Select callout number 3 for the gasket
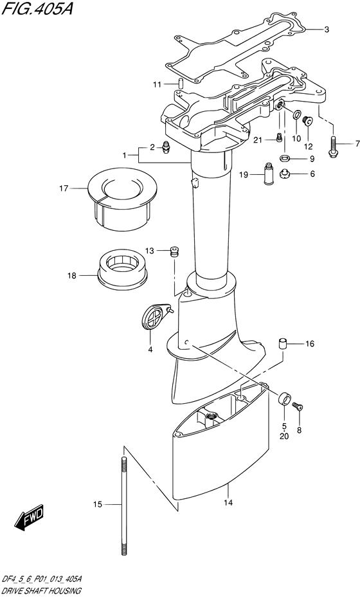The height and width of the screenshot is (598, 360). click(x=326, y=30)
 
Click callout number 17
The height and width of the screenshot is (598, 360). click(x=63, y=188)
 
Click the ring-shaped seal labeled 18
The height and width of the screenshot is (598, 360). click(x=122, y=267)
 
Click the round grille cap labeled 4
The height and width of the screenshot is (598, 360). click(x=153, y=318)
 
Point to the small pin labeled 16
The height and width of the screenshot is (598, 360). click(x=282, y=343)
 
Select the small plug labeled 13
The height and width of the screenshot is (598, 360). click(x=172, y=251)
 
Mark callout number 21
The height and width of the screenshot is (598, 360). click(x=255, y=140)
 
